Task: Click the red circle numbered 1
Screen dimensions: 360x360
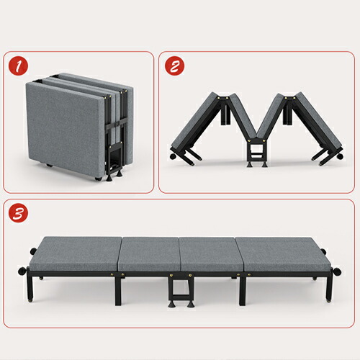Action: tap(19, 66)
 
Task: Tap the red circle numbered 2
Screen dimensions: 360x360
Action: tap(174, 66)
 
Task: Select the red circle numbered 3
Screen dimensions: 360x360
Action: tap(19, 213)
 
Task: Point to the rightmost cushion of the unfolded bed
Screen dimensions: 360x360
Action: tap(286, 256)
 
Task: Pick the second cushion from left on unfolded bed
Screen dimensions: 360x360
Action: tap(149, 255)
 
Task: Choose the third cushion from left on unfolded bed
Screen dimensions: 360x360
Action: tap(211, 255)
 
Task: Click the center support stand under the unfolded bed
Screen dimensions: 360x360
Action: tap(181, 291)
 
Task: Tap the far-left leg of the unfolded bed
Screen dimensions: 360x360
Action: tap(30, 287)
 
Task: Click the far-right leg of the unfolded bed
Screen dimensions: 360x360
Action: tap(329, 286)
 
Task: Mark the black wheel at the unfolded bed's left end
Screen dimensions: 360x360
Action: tap(22, 271)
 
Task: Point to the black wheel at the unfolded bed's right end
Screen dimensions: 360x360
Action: tap(337, 271)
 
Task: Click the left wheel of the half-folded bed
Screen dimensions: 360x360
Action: tap(173, 156)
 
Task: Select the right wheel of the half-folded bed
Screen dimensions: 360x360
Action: tap(340, 157)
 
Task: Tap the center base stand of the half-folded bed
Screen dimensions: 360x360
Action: tap(257, 153)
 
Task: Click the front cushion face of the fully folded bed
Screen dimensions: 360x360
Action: tap(65, 130)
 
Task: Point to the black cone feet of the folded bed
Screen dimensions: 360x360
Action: tap(113, 177)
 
